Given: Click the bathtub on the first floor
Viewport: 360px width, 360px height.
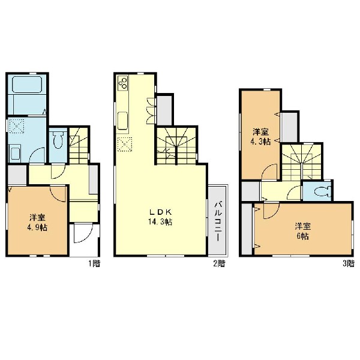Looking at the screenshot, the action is tap(27, 84).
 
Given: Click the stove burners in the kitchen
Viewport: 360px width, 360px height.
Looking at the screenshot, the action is tap(123, 83).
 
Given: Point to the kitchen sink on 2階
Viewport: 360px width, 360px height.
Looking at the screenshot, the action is tap(123, 121).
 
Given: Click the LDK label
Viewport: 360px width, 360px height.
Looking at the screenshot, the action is tap(160, 212).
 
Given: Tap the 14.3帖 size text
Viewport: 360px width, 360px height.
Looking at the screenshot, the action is tap(160, 222).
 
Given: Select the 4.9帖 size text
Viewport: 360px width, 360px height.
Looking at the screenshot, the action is tap(37, 227).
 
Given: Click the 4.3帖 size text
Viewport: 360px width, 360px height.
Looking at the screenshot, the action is tap(260, 142).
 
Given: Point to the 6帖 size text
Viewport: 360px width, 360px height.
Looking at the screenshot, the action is tap(302, 236).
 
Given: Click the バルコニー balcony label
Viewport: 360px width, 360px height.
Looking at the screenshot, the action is tap(218, 221).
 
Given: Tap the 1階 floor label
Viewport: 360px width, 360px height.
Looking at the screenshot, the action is tap(94, 263).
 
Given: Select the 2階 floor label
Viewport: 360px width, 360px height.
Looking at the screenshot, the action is tap(219, 263).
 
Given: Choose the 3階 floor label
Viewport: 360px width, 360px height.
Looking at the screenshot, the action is tap(348, 263).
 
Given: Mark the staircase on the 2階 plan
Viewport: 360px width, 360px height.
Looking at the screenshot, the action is tap(176, 146).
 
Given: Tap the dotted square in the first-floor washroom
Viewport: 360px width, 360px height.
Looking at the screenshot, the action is tap(16, 126).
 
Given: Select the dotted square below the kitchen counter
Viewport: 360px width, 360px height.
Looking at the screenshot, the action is tap(125, 145).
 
